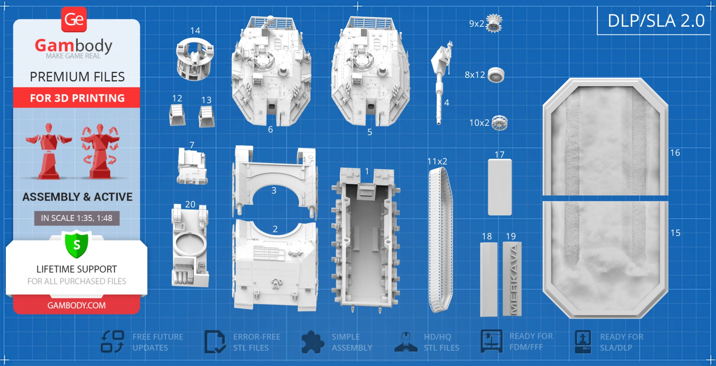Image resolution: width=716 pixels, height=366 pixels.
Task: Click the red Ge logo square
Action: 74,19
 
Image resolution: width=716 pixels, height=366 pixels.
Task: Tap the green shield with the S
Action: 77,244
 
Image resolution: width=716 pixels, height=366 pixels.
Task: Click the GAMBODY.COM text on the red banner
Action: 77,305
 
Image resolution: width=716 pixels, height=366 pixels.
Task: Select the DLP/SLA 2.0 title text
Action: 656,20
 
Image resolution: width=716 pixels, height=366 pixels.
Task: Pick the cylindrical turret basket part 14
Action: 195,59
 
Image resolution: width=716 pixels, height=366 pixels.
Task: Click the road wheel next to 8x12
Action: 496,75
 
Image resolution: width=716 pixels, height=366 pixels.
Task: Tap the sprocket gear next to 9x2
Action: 494,23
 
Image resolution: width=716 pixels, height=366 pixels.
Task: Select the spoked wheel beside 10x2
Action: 499,123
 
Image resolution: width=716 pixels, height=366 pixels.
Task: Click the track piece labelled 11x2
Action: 441,240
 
